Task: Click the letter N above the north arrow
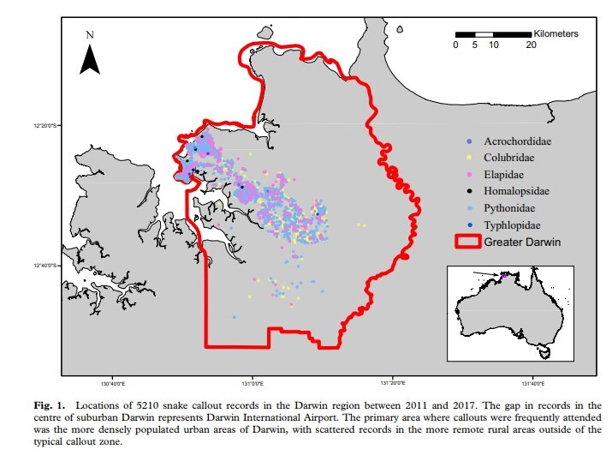tap(90, 35)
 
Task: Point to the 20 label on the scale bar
tap(531, 45)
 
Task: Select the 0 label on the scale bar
tap(456, 45)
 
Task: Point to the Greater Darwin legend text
tap(522, 242)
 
